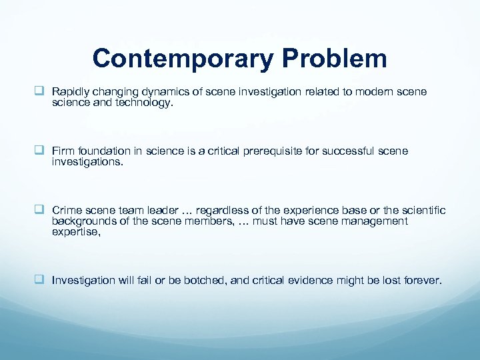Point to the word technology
click(139, 103)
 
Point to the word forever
click(421, 281)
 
